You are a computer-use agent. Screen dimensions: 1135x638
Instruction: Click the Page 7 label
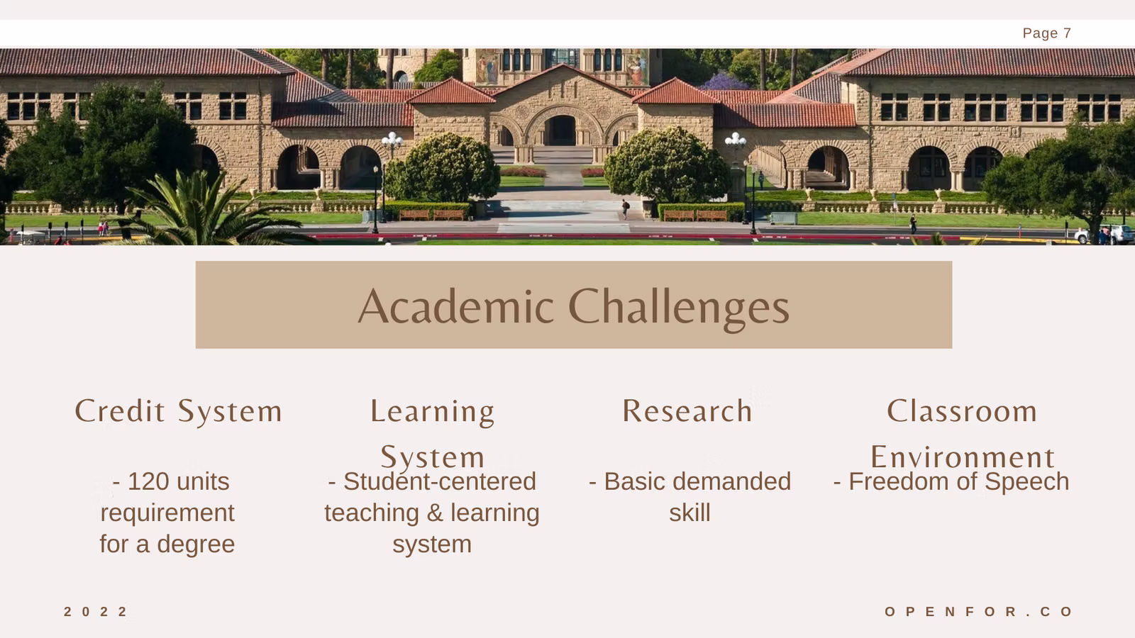tap(1047, 33)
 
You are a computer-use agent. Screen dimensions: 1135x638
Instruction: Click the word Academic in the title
tap(455, 306)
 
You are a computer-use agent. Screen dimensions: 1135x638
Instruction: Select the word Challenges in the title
tap(678, 308)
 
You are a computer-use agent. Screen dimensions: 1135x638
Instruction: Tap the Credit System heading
tap(178, 410)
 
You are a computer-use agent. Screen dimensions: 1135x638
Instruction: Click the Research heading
tap(687, 410)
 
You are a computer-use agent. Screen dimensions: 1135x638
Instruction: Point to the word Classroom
tap(962, 410)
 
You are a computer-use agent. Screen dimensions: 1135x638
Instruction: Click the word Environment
tap(963, 457)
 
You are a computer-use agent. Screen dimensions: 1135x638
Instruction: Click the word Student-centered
tap(439, 481)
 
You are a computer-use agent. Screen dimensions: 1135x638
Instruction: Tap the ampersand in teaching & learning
tap(435, 513)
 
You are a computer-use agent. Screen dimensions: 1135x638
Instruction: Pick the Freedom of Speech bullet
tap(951, 481)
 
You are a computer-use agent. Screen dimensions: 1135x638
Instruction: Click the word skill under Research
tap(690, 513)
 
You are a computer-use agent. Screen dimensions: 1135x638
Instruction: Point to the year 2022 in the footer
tap(96, 612)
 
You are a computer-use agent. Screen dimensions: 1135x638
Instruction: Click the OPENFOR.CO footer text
tap(979, 612)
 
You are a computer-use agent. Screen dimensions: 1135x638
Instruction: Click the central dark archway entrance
tap(560, 130)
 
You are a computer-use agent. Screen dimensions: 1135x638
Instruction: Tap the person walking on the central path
tap(626, 208)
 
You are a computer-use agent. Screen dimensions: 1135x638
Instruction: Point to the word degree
tap(196, 545)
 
